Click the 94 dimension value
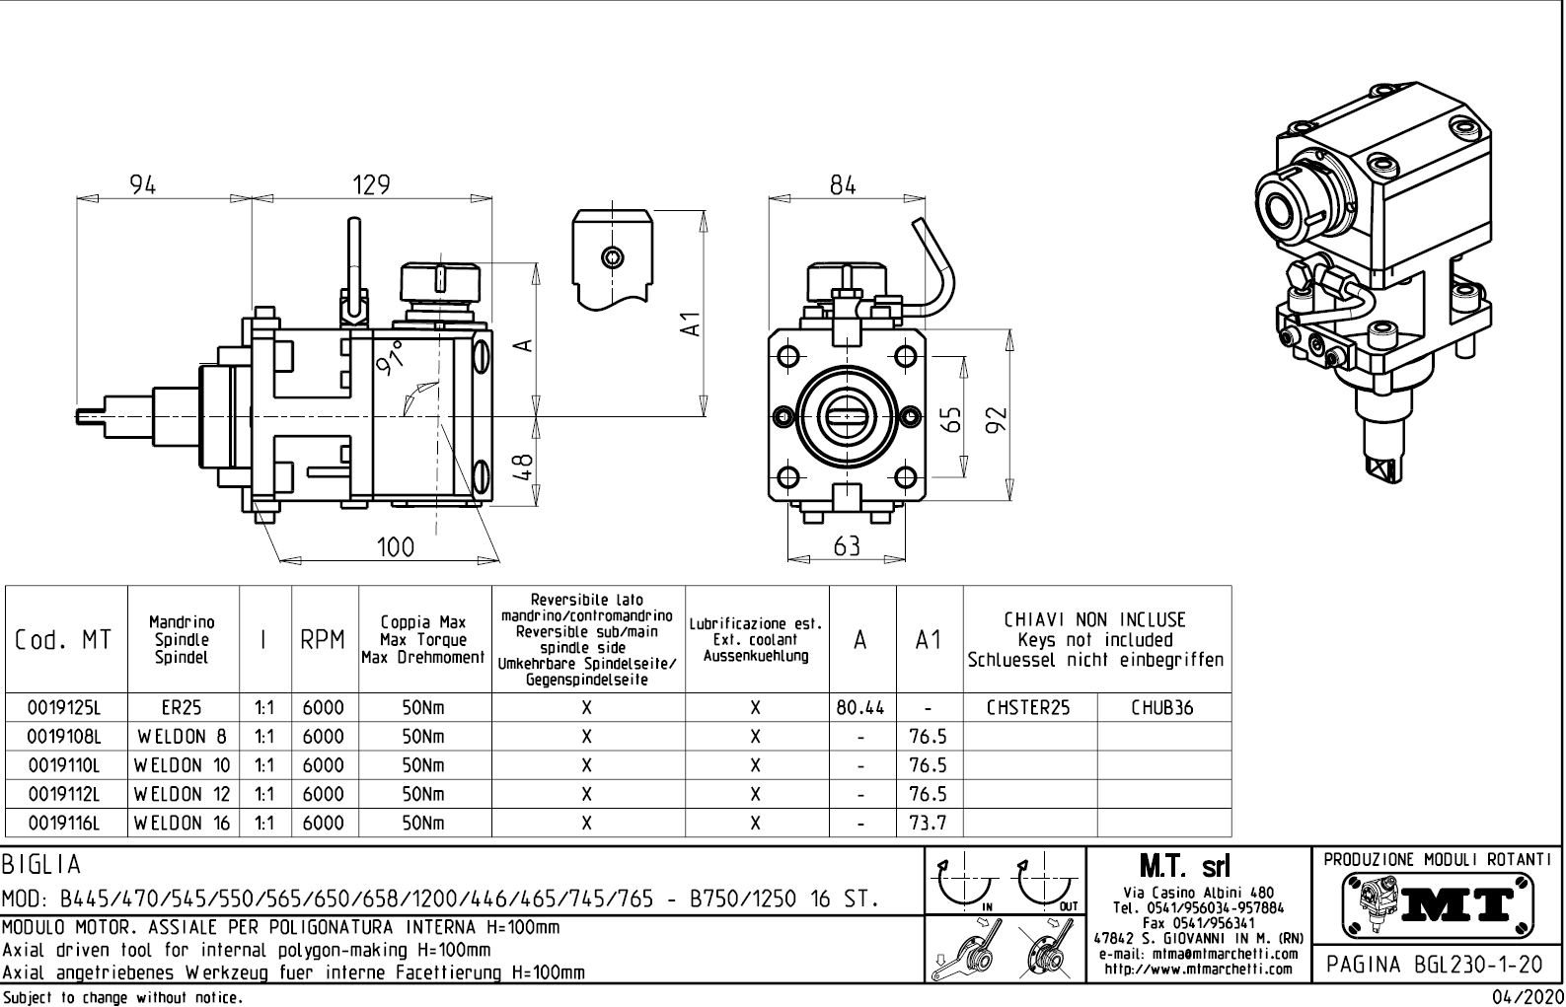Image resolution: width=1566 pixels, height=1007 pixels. [x=144, y=184]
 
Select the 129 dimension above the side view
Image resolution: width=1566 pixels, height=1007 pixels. [x=372, y=184]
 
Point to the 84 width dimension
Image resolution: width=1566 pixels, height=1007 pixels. [x=843, y=184]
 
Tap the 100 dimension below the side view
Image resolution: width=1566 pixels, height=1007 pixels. [x=396, y=546]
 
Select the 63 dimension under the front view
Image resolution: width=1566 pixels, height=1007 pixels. [x=847, y=545]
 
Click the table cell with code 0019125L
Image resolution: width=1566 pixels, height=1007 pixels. [x=65, y=708]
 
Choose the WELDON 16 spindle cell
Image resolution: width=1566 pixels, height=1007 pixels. [x=183, y=823]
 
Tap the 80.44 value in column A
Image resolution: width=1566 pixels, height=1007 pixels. [x=861, y=708]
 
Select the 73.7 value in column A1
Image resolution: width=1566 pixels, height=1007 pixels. [x=929, y=823]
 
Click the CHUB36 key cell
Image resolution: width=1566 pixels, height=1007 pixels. [x=1162, y=708]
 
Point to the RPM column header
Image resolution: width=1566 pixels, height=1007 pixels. [x=324, y=640]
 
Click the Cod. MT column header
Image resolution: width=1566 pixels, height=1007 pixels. [x=64, y=640]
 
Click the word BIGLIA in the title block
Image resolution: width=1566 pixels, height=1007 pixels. [x=41, y=865]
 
